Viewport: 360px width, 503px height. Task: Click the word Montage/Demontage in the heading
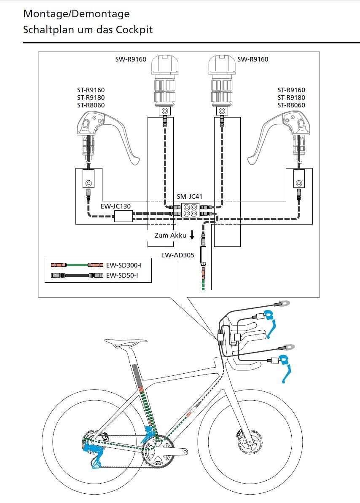[76, 13]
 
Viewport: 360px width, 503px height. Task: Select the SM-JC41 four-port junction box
[190, 210]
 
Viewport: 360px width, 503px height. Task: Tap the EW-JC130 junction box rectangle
[123, 217]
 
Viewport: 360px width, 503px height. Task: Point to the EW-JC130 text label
[116, 206]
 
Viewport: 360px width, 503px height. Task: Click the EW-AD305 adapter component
[203, 254]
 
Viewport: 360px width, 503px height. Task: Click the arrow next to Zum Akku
[192, 235]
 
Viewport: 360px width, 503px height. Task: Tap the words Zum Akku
[170, 235]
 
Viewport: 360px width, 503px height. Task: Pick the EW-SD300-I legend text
[123, 265]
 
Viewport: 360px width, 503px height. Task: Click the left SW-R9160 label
[131, 59]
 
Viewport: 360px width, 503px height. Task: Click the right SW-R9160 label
[253, 59]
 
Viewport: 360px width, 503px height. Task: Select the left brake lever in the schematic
[105, 135]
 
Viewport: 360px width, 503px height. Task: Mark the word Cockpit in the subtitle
[134, 30]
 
